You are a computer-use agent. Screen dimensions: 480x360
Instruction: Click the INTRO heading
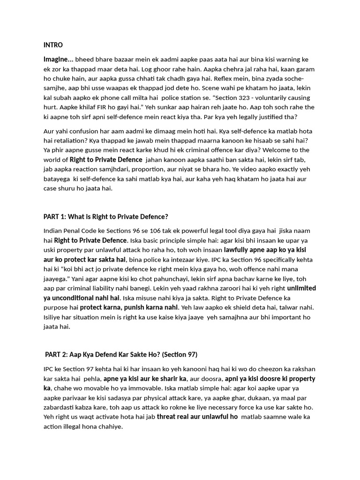pyautogui.click(x=53, y=45)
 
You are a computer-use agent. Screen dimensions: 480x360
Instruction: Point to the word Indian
pyautogui.click(x=53, y=231)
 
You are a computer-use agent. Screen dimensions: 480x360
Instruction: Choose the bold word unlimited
pyautogui.click(x=301, y=288)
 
